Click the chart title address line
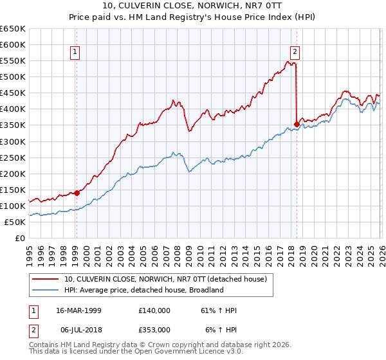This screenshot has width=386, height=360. pos(192,6)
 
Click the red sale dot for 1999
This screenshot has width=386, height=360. pos(77,192)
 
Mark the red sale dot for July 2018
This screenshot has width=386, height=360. pos(297,124)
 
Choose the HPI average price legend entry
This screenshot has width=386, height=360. pos(143,290)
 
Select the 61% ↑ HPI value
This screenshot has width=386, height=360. pos(219,310)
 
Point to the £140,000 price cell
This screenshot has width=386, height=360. pos(154,310)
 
